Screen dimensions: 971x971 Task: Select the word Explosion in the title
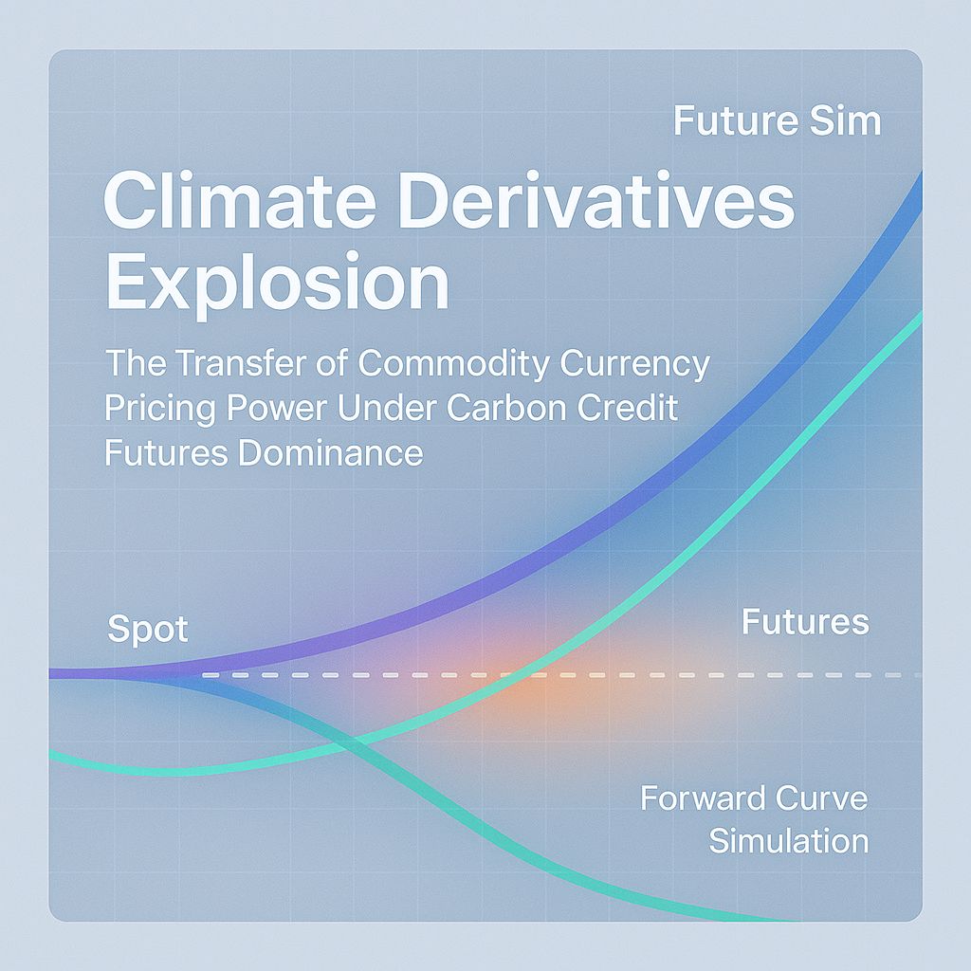(276, 282)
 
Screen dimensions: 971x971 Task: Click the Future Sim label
(777, 121)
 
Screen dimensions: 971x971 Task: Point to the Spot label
(148, 630)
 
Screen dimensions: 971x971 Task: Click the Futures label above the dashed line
(805, 622)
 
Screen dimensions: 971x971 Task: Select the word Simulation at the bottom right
(789, 840)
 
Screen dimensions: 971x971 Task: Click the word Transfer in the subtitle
(237, 364)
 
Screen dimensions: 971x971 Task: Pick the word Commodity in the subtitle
(456, 364)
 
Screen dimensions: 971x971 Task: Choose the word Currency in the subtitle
(637, 364)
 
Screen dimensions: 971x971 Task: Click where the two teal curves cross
(352, 741)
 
